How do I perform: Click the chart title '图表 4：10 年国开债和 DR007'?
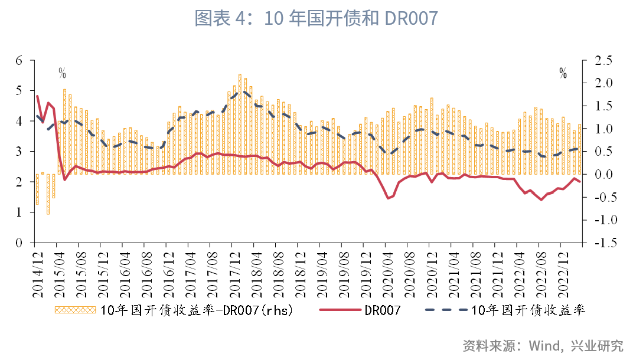click(316, 18)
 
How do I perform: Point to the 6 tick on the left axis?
click(19, 60)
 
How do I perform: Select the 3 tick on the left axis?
click(19, 152)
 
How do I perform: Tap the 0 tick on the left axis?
click(19, 243)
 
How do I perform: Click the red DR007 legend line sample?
click(339, 310)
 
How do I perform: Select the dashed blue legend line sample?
click(445, 310)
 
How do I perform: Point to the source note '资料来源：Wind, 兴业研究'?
click(543, 345)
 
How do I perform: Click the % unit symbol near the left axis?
click(62, 74)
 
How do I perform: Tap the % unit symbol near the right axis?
click(563, 74)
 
